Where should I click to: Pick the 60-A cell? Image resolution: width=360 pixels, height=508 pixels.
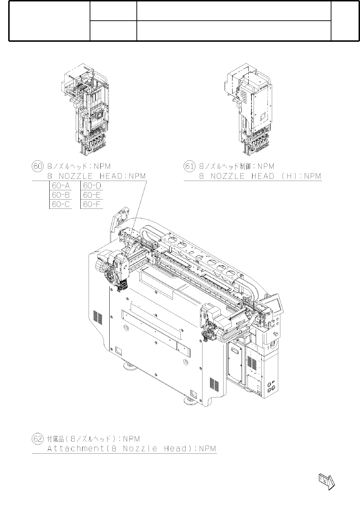[x=61, y=185]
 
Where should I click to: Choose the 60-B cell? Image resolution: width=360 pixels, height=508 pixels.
[x=61, y=195]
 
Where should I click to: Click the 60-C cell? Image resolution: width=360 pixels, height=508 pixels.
[x=61, y=205]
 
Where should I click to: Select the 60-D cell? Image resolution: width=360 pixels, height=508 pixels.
[x=92, y=185]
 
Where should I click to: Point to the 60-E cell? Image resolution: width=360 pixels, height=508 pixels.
[x=92, y=195]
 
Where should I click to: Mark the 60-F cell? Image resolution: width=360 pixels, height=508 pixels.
[x=92, y=205]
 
